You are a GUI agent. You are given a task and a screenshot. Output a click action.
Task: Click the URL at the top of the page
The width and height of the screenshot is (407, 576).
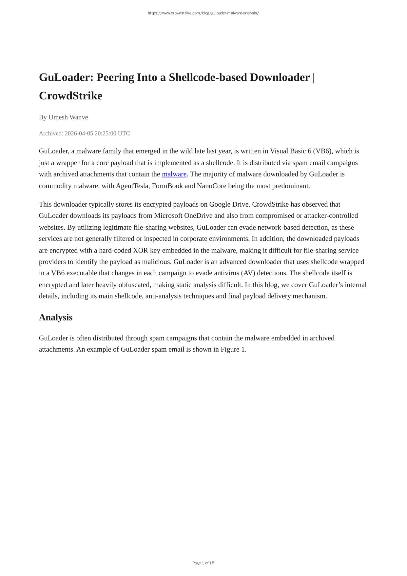coord(203,13)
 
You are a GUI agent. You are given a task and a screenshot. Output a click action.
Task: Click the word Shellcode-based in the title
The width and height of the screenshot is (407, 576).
coord(208,77)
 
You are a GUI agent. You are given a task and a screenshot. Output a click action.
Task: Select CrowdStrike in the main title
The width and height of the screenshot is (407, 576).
coord(70,96)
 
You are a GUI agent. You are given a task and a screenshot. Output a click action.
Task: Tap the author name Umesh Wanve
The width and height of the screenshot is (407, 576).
coord(68,117)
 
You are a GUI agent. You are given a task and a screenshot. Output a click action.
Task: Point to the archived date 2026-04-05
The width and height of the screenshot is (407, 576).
coord(79,133)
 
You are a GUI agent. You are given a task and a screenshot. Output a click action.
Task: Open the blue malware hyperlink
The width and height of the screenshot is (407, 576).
coord(174,174)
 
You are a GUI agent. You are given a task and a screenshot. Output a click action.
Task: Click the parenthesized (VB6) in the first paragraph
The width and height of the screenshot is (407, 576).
coord(322,151)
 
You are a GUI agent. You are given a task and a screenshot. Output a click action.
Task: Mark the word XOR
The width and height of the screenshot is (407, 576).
coord(141,250)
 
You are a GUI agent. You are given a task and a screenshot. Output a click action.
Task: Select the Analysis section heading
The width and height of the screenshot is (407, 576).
coord(56,317)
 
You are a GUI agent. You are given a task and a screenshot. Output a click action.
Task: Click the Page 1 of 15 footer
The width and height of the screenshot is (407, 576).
coord(203,563)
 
